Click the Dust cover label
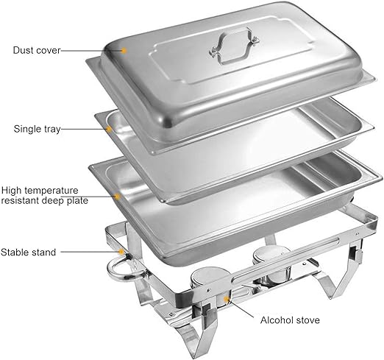(x=37, y=50)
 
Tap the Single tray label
(x=37, y=129)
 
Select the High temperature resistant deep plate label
(x=44, y=195)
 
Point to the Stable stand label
(x=28, y=253)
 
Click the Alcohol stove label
(x=290, y=320)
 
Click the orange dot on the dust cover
(x=124, y=51)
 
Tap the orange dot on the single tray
(x=109, y=129)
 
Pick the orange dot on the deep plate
(x=118, y=197)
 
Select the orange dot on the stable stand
(x=121, y=252)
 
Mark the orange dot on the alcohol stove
(x=226, y=299)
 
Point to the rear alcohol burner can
(x=272, y=265)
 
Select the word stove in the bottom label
(x=308, y=320)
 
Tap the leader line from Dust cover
(x=91, y=51)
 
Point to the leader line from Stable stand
(x=90, y=252)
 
